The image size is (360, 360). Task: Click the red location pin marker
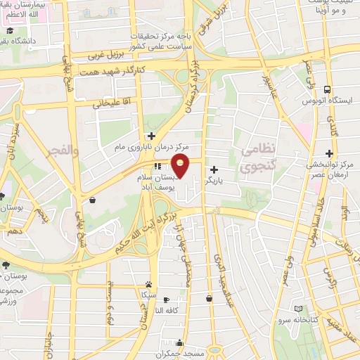coord(181,167)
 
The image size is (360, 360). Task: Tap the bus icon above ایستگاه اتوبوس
coord(328,89)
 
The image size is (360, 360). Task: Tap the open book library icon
coord(298,309)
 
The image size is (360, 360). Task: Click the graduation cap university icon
coord(11,31)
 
